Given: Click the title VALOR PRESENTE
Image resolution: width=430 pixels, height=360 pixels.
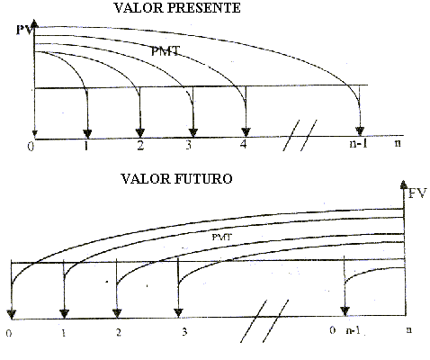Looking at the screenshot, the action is [x=177, y=8].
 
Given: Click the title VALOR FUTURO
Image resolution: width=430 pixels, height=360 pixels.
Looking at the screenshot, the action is [x=176, y=179].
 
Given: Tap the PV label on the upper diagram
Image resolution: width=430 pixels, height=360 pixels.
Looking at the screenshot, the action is [x=23, y=30].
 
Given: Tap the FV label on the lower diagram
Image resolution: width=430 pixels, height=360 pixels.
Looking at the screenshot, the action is [x=417, y=193].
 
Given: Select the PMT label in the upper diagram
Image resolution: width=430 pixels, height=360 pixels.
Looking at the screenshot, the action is [x=166, y=51].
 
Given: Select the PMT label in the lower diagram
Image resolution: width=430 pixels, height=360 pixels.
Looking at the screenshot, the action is [x=222, y=237].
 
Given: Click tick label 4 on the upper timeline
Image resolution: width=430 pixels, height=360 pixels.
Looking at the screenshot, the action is [x=243, y=144].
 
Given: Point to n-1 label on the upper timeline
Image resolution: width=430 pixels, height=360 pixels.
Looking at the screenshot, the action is [x=358, y=143].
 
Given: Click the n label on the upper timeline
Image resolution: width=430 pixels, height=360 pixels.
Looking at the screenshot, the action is [x=398, y=143].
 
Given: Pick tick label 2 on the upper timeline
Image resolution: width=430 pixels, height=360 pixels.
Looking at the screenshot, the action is [x=140, y=145].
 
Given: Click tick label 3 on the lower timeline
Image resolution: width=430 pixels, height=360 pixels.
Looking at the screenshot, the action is [x=184, y=332].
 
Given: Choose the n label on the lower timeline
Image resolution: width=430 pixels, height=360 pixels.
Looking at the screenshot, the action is [x=408, y=329].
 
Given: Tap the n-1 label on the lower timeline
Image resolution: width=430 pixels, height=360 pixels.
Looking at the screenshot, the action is [x=354, y=330].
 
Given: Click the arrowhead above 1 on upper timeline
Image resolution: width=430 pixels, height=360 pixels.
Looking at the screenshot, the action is [x=87, y=134].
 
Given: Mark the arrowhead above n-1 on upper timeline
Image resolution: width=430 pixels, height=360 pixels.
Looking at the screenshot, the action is [x=360, y=131].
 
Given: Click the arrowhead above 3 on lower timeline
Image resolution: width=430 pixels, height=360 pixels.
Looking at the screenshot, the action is [x=178, y=313].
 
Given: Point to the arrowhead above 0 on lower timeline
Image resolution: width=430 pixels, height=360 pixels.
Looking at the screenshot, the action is [x=12, y=315].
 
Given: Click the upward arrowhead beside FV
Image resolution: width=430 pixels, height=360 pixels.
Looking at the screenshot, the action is [x=404, y=184].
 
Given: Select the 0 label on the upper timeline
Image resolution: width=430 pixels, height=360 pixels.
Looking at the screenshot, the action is [x=31, y=147].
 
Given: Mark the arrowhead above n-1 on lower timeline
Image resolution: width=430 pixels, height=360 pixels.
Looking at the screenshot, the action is [x=345, y=311].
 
